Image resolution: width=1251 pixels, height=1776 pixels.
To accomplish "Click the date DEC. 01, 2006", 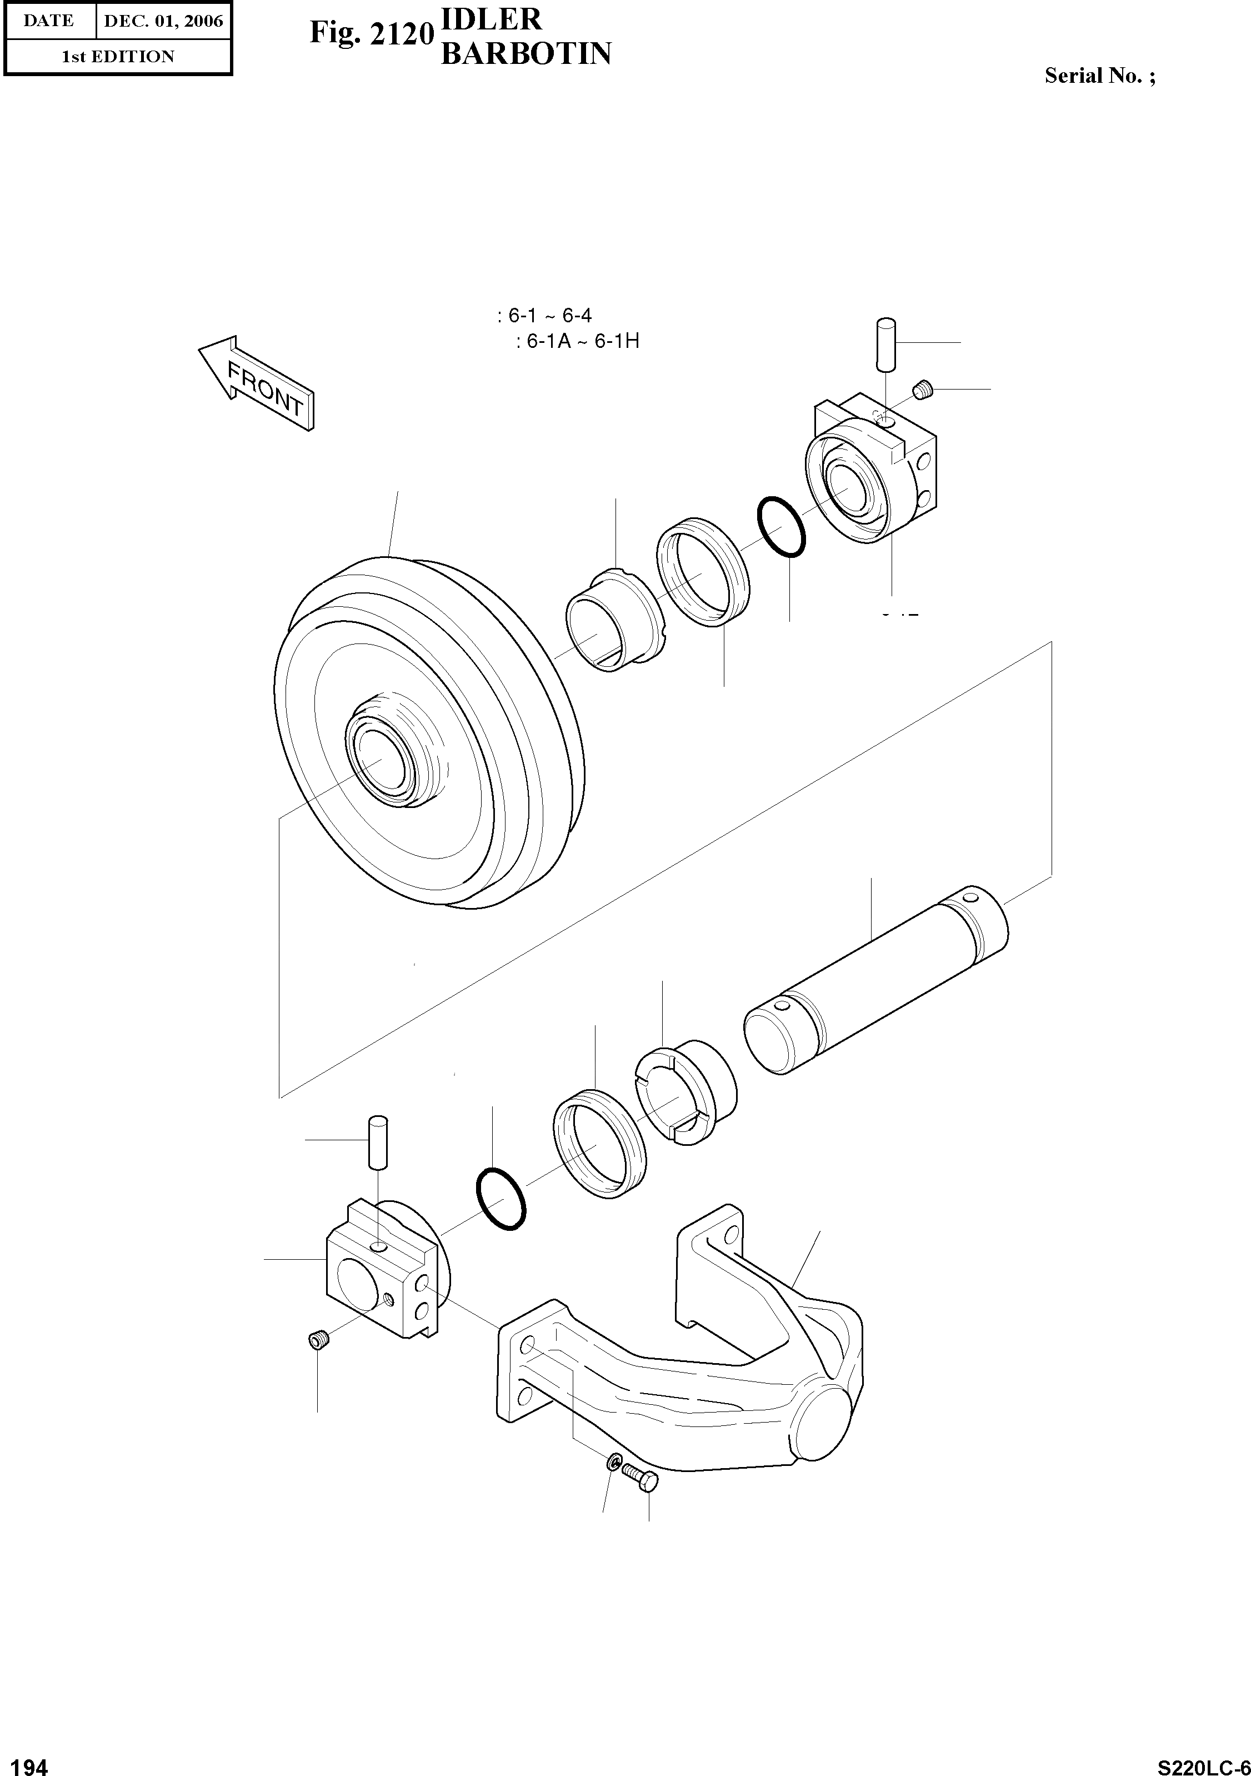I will coord(163,21).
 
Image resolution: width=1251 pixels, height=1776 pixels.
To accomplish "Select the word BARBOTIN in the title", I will coord(526,53).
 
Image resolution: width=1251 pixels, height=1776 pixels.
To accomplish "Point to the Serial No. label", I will coord(1099,76).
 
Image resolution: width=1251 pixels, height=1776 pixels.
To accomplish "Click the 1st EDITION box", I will coord(118,57).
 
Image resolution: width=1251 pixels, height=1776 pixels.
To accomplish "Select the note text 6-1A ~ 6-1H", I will coord(578,341).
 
